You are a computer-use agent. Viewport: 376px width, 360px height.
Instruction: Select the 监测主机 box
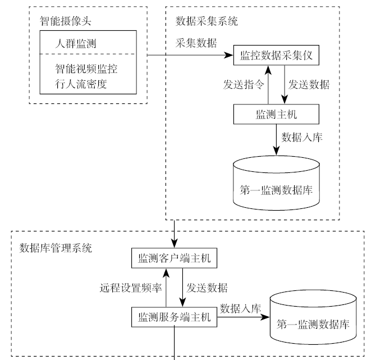point(276,114)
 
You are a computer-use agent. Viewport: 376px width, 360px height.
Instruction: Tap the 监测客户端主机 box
point(173,258)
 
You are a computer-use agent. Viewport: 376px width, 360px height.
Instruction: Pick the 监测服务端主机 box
point(173,317)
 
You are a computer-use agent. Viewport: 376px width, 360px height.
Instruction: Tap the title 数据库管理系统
point(56,248)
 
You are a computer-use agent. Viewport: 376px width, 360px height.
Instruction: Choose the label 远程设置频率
point(131,288)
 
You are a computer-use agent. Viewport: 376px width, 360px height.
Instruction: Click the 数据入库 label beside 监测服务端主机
point(240,308)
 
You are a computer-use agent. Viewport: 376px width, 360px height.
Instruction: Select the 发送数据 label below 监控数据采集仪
point(309,85)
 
